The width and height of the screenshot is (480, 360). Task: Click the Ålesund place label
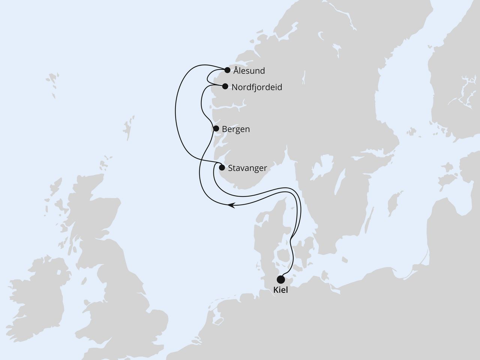click(x=249, y=70)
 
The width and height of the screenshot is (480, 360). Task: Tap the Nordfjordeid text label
click(x=257, y=87)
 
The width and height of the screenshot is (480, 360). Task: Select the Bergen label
click(x=236, y=129)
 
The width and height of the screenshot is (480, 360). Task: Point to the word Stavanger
click(x=247, y=168)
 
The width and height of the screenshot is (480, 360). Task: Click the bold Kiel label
click(x=281, y=290)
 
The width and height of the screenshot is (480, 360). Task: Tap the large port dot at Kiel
click(x=280, y=279)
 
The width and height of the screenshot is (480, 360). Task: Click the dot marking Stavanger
click(x=222, y=167)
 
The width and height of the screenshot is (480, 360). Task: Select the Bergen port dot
click(x=216, y=129)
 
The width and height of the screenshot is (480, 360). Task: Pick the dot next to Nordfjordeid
click(x=225, y=86)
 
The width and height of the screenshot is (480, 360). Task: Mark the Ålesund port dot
click(x=227, y=70)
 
